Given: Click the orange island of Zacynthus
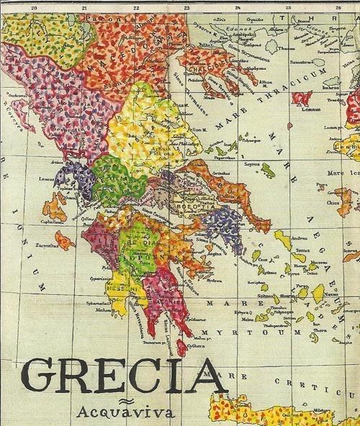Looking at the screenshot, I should (64, 239).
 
